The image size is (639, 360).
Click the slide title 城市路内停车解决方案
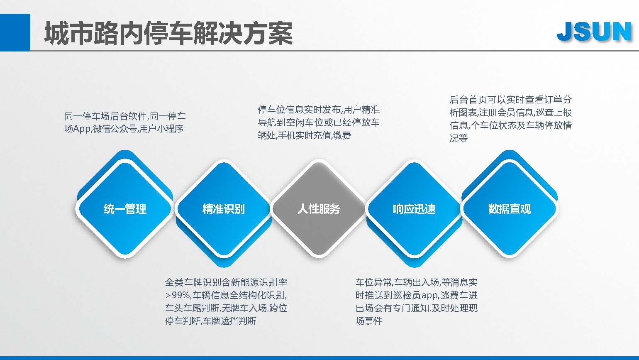pos(168,33)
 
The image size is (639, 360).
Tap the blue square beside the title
pos(15,32)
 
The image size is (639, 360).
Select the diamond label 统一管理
pos(125,209)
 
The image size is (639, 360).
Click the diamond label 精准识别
pos(223,209)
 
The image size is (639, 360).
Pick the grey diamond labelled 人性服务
pos(319,209)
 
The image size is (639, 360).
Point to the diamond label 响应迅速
pos(414,209)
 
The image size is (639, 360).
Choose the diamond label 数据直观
pos(510,209)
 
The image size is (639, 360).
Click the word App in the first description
pos(82,129)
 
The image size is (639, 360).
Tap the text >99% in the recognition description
pos(178,295)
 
